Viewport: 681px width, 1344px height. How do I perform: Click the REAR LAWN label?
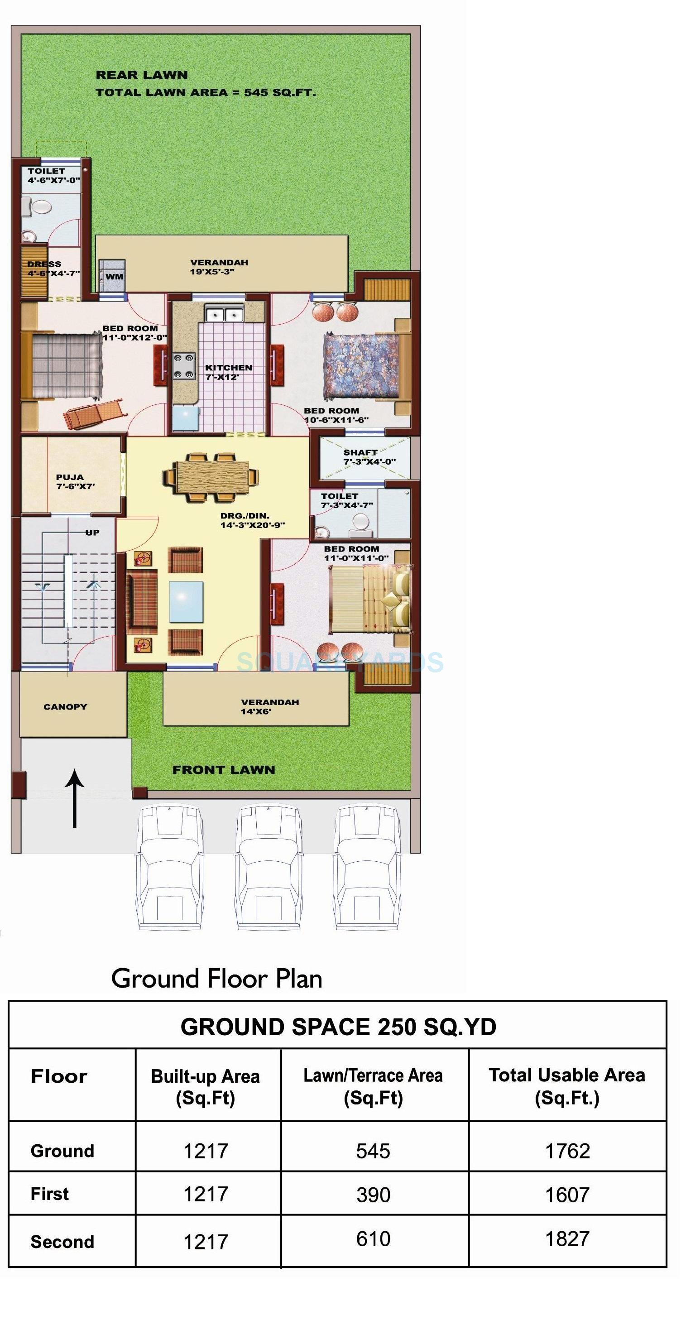click(x=141, y=75)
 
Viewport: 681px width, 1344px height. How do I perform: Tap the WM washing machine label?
click(x=114, y=277)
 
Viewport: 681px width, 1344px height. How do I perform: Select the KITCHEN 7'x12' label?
click(x=228, y=372)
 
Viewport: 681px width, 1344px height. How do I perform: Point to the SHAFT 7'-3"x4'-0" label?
click(x=368, y=457)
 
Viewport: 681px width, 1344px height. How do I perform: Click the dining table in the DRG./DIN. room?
click(x=210, y=477)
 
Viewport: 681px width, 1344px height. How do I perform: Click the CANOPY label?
click(x=65, y=706)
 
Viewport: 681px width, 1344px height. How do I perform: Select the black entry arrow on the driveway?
click(x=75, y=798)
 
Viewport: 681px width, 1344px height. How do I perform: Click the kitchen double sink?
click(x=224, y=315)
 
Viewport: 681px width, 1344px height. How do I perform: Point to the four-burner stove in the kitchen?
click(x=184, y=366)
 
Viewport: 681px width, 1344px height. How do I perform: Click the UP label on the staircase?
click(x=92, y=533)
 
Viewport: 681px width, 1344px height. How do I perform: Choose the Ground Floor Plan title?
click(x=216, y=979)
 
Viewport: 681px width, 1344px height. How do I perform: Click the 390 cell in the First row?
click(x=373, y=1194)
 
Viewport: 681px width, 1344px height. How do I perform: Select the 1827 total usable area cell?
click(x=567, y=1238)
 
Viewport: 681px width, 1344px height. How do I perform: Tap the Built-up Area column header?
click(x=205, y=1087)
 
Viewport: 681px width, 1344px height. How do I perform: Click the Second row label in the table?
click(x=62, y=1241)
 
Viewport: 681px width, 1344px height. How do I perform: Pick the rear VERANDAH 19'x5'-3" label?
click(x=219, y=267)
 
